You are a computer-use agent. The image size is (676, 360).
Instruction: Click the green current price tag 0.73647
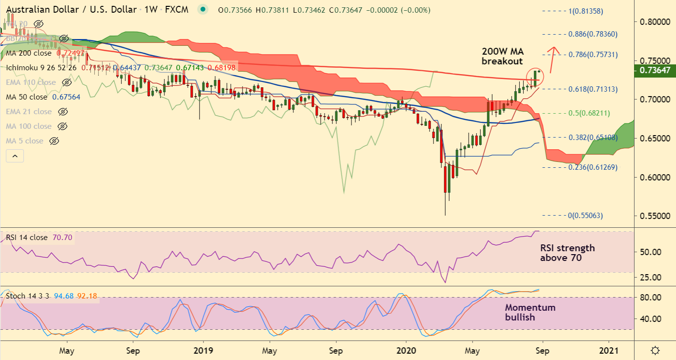654,71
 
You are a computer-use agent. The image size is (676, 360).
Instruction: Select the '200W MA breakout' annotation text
502,56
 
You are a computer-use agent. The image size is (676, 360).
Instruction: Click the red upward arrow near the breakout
552,59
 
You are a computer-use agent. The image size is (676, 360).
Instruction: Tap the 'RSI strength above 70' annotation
567,253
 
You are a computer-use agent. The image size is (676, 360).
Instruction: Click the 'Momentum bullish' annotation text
530,312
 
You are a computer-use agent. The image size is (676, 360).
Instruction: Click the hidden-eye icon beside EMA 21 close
62,112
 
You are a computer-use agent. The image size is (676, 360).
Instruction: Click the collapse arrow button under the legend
15,156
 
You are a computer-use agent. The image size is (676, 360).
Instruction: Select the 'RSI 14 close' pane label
27,238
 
